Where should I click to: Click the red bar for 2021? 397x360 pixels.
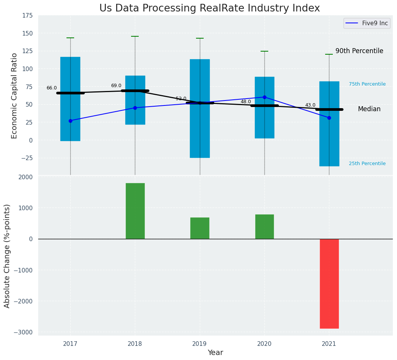pos(329,284)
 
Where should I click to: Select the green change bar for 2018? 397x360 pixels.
pos(135,211)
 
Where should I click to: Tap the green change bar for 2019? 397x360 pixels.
pos(199,228)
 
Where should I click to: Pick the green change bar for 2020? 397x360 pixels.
pos(264,227)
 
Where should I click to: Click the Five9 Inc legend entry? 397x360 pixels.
pos(366,23)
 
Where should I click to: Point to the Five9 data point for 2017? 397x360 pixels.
pos(70,121)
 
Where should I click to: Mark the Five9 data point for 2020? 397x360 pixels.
pos(264,97)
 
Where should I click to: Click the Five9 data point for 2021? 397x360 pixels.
pos(329,118)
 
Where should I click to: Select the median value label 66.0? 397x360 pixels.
pos(52,88)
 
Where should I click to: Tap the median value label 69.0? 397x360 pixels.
pos(116,86)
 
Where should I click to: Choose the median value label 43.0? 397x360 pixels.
pos(310,105)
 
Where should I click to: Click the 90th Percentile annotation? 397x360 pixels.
pos(359,51)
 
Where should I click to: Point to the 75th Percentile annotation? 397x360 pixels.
pos(367,84)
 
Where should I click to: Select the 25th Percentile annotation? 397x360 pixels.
pos(367,164)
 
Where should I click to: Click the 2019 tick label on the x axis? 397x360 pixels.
pos(199,344)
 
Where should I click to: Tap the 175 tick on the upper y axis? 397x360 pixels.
pos(27,16)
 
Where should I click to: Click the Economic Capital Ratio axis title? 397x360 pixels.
pos(15,96)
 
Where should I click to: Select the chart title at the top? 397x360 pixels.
pos(209,8)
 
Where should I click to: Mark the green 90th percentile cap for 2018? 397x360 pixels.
pos(135,36)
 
